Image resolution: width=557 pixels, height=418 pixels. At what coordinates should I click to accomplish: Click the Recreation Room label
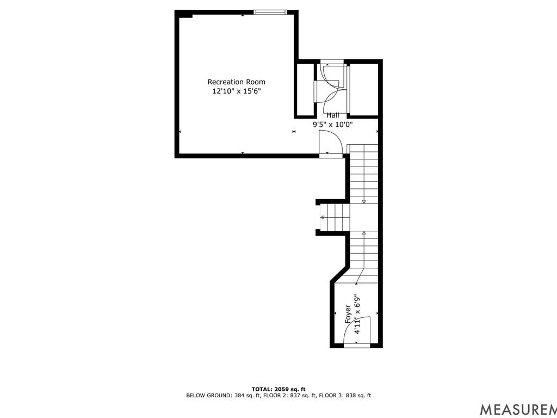pyautogui.click(x=237, y=82)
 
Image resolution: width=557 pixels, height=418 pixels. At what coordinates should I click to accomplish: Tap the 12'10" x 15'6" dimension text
pyautogui.click(x=237, y=91)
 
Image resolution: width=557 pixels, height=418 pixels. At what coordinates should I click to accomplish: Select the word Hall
pyautogui.click(x=332, y=115)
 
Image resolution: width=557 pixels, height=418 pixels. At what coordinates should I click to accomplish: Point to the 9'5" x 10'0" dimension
pyautogui.click(x=332, y=124)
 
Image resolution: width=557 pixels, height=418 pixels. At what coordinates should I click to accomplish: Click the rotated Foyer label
pyautogui.click(x=348, y=315)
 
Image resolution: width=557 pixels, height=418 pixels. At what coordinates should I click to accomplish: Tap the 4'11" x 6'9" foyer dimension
pyautogui.click(x=357, y=315)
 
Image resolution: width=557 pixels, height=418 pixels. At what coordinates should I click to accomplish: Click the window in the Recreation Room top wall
pyautogui.click(x=271, y=12)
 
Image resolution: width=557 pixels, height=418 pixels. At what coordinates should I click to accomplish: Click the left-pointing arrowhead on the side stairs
pyautogui.click(x=322, y=218)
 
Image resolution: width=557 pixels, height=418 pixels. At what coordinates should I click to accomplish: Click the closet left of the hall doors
pyautogui.click(x=305, y=89)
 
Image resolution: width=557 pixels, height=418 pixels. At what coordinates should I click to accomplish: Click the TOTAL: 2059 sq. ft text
pyautogui.click(x=278, y=389)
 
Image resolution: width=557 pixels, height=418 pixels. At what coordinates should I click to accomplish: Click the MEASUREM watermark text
pyautogui.click(x=517, y=409)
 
